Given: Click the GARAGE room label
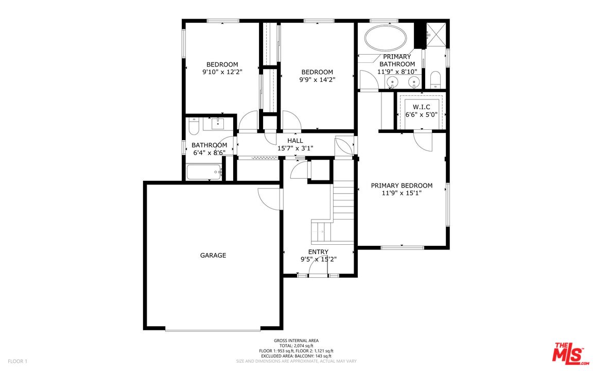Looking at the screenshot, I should pos(213,255).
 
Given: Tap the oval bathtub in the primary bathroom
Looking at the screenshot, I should pos(386,38).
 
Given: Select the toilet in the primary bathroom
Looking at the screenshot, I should pos(435,79).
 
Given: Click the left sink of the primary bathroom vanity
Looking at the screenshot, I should pos(394,82).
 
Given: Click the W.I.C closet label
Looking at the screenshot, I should pos(421,107).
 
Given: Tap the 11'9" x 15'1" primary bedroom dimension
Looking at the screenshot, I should pos(402,194).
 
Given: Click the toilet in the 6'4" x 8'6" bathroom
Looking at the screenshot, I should pos(194,126).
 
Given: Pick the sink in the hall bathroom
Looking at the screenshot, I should pos(218,124).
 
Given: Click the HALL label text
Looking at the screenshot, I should pos(295,141).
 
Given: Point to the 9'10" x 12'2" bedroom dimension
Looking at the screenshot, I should pos(222,72).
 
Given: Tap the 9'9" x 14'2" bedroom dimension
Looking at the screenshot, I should pos(317,80).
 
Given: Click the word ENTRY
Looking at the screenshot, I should pos(318,252).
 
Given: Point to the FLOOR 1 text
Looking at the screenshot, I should pos(17,361).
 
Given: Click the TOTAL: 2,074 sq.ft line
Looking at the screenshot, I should pos(296,346).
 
